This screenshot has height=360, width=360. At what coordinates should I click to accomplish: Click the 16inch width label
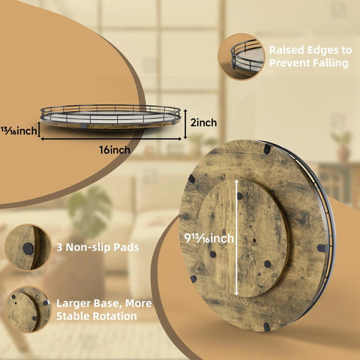[115, 150]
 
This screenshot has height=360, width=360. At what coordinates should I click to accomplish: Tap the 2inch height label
[203, 123]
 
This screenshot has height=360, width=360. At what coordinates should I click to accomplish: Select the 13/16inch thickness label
[19, 130]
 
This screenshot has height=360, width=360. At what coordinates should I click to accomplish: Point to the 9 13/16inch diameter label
[209, 238]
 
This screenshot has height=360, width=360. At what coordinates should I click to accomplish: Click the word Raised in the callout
[286, 50]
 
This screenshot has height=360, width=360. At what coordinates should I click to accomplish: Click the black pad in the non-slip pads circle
[28, 249]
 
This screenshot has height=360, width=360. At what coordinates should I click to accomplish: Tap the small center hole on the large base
[254, 241]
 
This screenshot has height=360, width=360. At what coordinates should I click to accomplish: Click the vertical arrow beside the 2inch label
[185, 124]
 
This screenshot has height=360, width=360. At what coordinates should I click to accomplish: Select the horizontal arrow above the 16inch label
[111, 139]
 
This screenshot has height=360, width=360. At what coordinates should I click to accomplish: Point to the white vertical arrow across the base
[236, 238]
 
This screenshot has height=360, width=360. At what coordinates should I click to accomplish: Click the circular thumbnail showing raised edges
[241, 57]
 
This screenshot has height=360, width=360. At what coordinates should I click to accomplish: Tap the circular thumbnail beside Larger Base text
[28, 310]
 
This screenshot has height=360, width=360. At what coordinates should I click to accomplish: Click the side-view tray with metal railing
[110, 117]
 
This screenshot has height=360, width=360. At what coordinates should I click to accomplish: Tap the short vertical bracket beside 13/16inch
[39, 130]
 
